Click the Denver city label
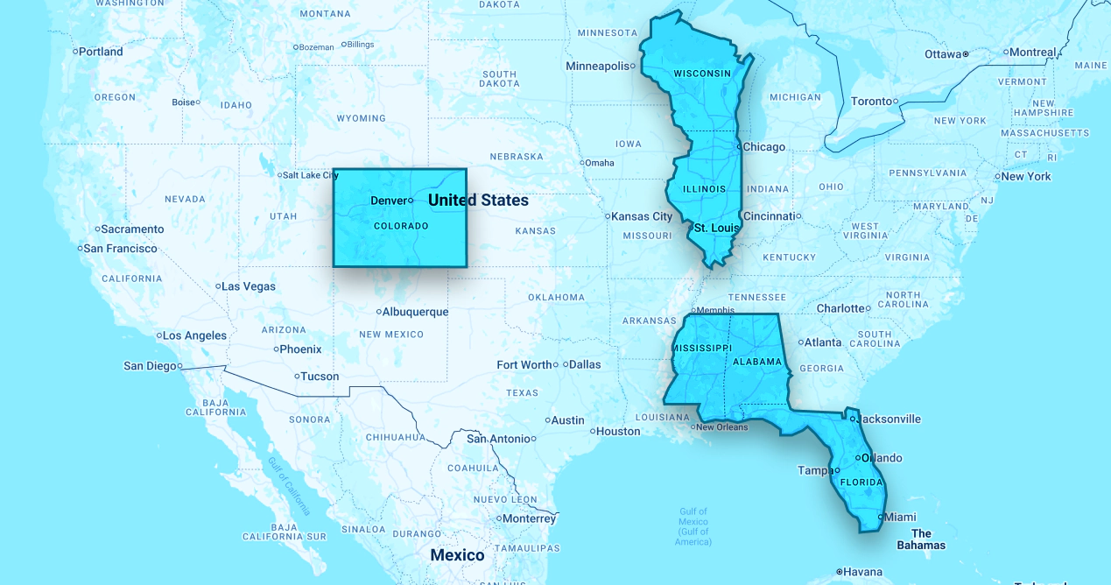coord(389,201)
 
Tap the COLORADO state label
coord(401,226)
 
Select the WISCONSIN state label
coord(701,74)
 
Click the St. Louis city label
coord(716,229)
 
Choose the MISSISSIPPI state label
coord(701,348)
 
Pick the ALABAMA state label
coord(757,362)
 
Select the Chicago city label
coord(764,147)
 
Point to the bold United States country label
coord(478,201)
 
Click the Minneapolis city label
coord(598,66)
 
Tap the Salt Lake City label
coord(310,175)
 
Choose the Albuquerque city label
coord(415,312)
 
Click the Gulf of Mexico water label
coord(693,526)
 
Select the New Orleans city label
coord(721,427)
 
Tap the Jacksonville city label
coord(890,419)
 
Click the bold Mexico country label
coord(457,555)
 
